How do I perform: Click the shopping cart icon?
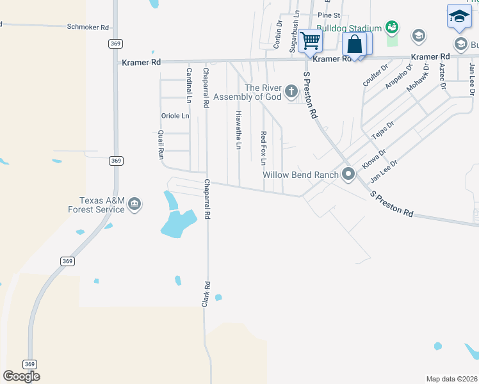coord(311,41)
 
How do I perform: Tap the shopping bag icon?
coord(354,45)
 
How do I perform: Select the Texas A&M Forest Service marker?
coord(134,204)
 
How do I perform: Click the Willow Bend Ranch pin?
coord(348,174)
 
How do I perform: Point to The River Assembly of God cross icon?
coord(291,92)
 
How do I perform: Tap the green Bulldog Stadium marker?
coord(392,28)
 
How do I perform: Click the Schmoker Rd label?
coord(88,28)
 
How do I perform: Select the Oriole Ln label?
coord(175,116)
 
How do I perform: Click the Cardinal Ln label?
coord(189,85)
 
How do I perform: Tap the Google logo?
coord(21,376)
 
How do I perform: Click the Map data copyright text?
coord(451,379)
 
